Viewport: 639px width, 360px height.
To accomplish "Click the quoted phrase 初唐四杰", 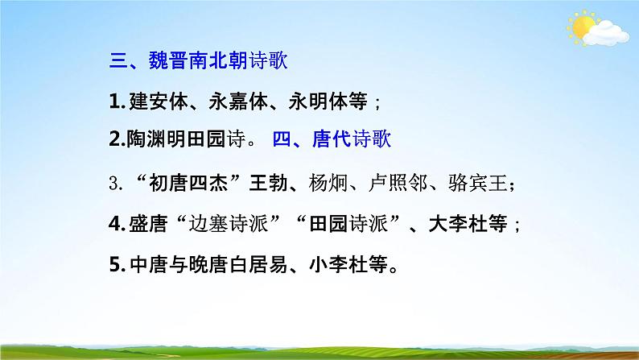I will click(188, 184).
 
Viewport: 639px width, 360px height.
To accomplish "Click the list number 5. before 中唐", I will click(116, 265).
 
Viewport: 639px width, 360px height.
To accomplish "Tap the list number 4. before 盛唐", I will click(116, 225).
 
